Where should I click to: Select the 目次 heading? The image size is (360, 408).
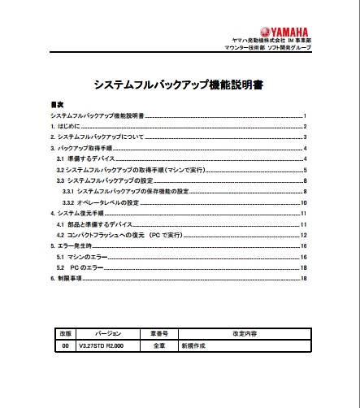pyautogui.click(x=57, y=106)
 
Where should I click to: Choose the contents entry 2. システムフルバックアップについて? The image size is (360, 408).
pyautogui.click(x=97, y=137)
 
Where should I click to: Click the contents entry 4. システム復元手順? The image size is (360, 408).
pyautogui.click(x=80, y=213)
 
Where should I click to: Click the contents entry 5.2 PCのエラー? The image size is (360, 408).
pyautogui.click(x=89, y=267)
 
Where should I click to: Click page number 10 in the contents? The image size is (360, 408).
pyautogui.click(x=302, y=202)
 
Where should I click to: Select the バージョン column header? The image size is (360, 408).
pyautogui.click(x=107, y=334)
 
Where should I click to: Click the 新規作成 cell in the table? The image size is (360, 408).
pyautogui.click(x=196, y=345)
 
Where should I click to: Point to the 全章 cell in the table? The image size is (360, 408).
pyautogui.click(x=158, y=345)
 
